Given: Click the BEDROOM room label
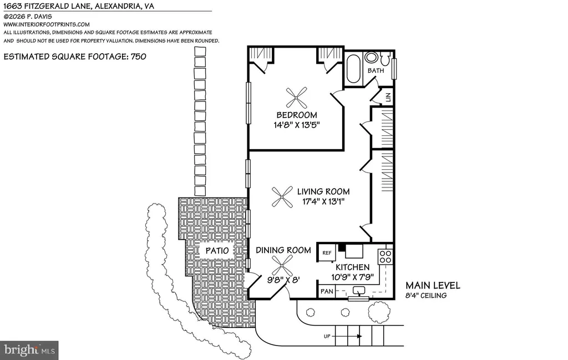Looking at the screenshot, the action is (297, 115).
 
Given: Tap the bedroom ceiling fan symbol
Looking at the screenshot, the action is (296, 98).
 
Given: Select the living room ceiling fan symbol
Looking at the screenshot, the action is (282, 197).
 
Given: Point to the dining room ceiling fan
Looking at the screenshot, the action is (282, 265).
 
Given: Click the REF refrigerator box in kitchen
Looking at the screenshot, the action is (327, 253).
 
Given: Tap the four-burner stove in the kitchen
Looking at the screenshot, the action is (385, 256).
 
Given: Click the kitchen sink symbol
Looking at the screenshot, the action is (359, 291).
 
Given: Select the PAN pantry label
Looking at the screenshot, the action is (327, 291).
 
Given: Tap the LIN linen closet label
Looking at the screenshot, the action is (388, 97).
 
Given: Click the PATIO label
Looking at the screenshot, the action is (217, 251).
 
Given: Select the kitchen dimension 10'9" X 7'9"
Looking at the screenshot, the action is (352, 277).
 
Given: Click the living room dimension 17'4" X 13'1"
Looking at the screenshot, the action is (323, 201).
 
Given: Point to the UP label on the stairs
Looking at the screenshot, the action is (327, 337).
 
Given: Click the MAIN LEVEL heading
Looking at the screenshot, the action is (433, 285).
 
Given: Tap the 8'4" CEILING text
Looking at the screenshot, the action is (426, 296).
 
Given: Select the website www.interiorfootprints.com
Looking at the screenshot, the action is (47, 24).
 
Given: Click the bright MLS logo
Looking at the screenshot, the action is (29, 350).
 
